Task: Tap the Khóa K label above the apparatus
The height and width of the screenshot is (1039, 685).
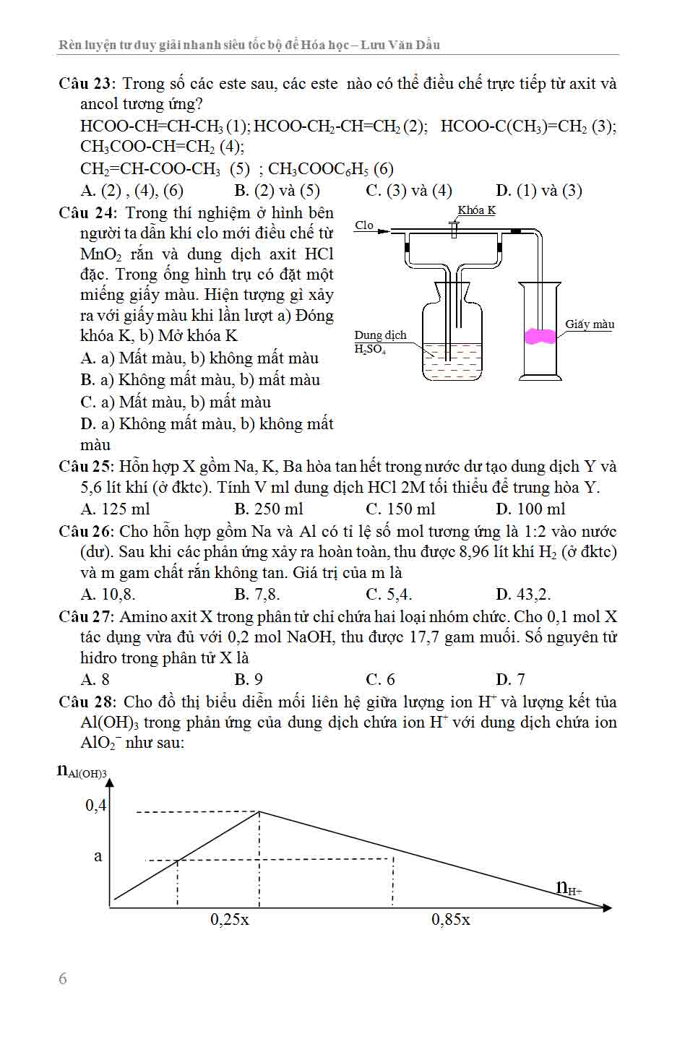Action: (x=476, y=210)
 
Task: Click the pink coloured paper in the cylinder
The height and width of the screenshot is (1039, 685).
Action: (x=540, y=336)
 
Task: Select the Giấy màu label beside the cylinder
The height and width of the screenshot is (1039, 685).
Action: (x=590, y=324)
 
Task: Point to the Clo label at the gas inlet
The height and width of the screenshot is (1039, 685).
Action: (x=364, y=225)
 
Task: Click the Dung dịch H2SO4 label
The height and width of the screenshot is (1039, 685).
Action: (x=380, y=342)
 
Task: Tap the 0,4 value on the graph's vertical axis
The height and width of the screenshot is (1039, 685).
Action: (x=96, y=805)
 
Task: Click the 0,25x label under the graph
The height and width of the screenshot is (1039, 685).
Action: (x=230, y=920)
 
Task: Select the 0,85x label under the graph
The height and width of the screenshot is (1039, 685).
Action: (x=451, y=920)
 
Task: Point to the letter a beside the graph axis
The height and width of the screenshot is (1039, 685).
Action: (x=98, y=857)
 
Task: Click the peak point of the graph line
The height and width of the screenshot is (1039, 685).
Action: (x=259, y=811)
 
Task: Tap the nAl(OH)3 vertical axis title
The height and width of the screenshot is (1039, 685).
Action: (x=82, y=771)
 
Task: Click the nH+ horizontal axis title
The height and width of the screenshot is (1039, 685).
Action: (x=569, y=887)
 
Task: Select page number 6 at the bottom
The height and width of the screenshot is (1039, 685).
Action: (x=63, y=979)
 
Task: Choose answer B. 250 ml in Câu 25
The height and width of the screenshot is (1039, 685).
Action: (x=269, y=509)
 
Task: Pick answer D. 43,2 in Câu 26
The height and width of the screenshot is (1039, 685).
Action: (x=523, y=595)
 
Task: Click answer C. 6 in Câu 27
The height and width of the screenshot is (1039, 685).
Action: (x=381, y=679)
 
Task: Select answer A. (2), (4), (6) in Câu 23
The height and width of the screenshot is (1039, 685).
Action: (x=132, y=191)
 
